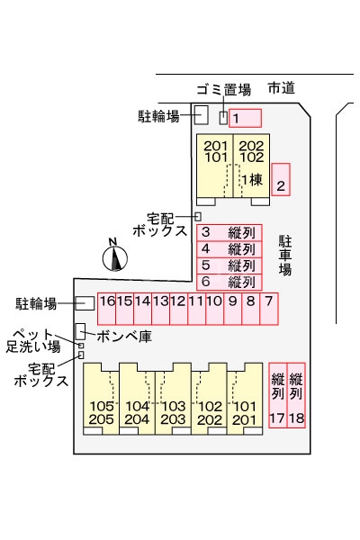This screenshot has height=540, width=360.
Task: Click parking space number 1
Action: [x=245, y=118]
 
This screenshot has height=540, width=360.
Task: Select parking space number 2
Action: [x=282, y=179]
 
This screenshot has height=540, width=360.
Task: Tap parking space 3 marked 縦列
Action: [x=229, y=232]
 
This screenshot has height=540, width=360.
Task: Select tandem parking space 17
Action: [x=277, y=396]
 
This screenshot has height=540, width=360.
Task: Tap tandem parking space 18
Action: [x=297, y=396]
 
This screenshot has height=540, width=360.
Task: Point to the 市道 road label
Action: [x=281, y=88]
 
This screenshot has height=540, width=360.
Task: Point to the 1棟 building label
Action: [x=251, y=179]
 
